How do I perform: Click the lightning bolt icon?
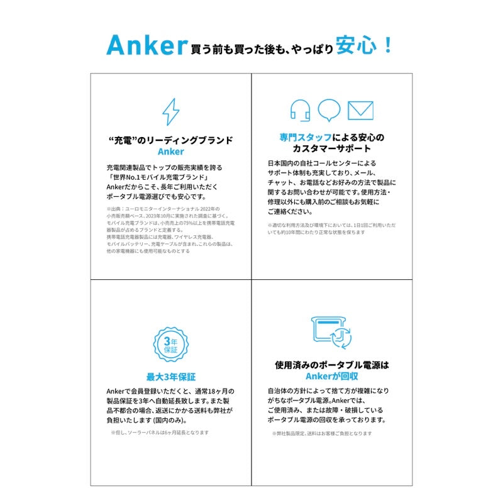(170, 112)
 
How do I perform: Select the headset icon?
(300, 111)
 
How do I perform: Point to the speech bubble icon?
(329, 110)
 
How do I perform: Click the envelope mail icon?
(360, 110)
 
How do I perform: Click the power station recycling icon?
(332, 333)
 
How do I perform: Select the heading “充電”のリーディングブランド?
(170, 140)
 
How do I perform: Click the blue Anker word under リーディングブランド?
(170, 152)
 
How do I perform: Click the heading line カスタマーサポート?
(332, 149)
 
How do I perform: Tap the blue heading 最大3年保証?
(170, 377)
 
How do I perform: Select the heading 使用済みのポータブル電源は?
(332, 364)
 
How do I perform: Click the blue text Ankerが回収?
(332, 376)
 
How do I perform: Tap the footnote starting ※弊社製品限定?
(322, 433)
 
